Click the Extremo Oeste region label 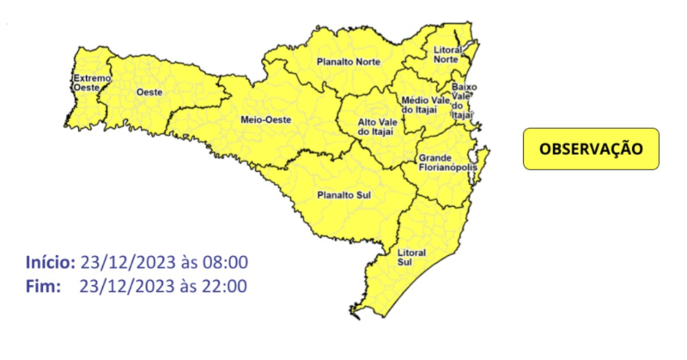click(x=92, y=82)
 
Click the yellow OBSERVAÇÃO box click(x=591, y=149)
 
